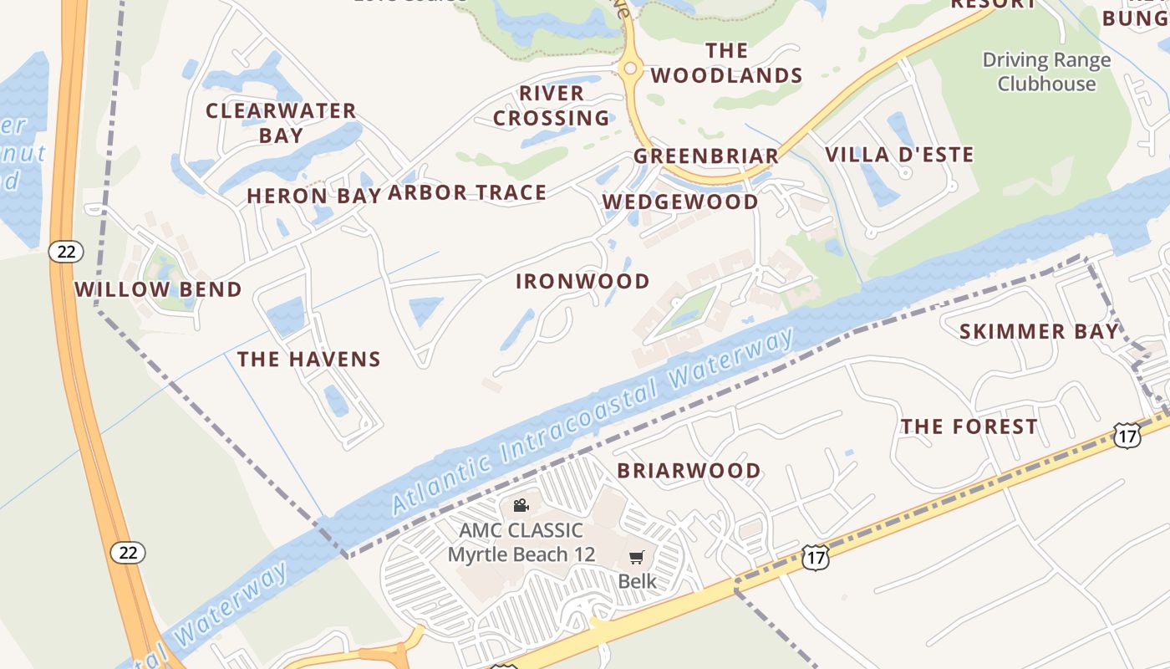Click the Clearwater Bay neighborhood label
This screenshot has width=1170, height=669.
coord(281,122)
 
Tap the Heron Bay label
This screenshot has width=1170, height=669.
coord(314,196)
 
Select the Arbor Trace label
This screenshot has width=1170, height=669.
coord(467,193)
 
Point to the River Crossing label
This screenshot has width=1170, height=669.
coord(552,105)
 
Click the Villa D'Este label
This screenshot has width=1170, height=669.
coord(899,155)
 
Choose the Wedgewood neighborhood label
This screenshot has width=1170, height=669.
coord(680,202)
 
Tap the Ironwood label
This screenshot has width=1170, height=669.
coord(582,281)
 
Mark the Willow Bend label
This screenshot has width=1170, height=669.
coord(158,289)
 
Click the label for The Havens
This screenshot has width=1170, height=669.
coord(308,360)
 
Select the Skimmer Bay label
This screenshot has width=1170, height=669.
coord(1039,331)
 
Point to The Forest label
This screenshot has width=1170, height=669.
coord(969,426)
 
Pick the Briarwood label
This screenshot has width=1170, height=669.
coord(689,471)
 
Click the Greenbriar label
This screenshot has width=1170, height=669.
coord(706,156)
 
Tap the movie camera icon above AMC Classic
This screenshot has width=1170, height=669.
coord(521,505)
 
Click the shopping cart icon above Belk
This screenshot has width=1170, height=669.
coord(637,558)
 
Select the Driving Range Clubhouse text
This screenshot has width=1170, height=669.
coord(1046,72)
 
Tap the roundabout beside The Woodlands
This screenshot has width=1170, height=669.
coord(630,69)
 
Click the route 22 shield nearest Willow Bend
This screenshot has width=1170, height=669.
coord(65,251)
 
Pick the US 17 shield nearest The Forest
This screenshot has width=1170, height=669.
coord(1127,435)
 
